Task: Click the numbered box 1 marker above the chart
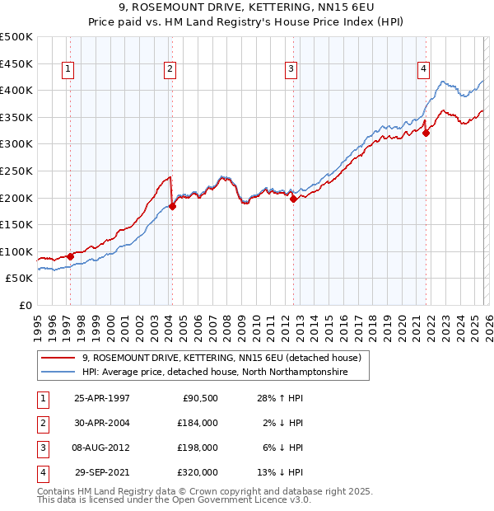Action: pos(67,70)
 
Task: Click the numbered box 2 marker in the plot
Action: pos(169,70)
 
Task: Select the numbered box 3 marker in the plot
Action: pos(291,70)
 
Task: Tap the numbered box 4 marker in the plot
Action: pos(423,70)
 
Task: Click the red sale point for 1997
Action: pos(70,256)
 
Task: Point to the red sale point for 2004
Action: pos(172,206)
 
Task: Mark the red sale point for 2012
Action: pos(294,199)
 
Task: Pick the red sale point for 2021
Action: pos(426,133)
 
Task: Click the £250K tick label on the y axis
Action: pos(16,171)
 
